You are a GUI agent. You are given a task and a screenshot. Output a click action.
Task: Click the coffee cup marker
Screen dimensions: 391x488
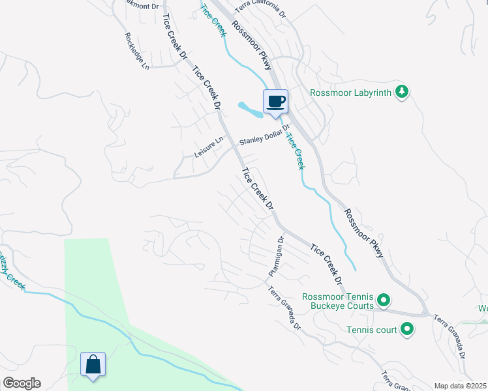tap(275, 102)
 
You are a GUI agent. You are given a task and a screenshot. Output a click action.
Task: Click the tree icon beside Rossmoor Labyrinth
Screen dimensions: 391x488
tap(403, 92)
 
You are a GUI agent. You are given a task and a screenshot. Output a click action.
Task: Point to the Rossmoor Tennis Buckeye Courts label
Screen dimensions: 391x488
tap(337, 301)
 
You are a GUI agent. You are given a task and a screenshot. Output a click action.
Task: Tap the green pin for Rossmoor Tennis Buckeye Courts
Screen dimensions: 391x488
tap(384, 300)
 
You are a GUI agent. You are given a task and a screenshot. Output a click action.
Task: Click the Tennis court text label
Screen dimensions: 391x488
tap(371, 330)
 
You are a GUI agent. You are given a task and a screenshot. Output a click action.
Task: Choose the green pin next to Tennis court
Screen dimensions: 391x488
tap(408, 329)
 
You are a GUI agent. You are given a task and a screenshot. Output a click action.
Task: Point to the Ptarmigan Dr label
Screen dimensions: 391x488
tap(276, 256)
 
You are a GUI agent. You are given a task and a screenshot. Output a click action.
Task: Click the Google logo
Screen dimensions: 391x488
tap(22, 383)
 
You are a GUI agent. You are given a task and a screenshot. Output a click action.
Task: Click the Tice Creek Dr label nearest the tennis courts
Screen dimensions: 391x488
tap(326, 265)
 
